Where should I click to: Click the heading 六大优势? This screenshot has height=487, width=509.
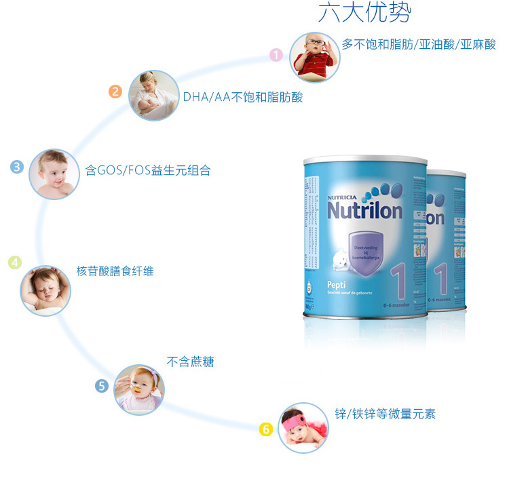click(x=364, y=14)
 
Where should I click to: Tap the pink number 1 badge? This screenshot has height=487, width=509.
click(x=276, y=55)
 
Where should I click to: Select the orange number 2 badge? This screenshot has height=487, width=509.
click(x=115, y=92)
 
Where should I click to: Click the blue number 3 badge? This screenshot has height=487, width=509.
click(x=18, y=167)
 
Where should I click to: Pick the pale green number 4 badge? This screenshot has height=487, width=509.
click(x=15, y=262)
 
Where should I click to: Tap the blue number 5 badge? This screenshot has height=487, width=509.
click(x=102, y=386)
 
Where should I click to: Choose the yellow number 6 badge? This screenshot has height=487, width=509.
click(x=266, y=429)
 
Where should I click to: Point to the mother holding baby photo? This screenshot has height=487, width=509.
click(x=154, y=95)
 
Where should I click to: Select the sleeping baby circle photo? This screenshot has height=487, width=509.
click(x=46, y=290)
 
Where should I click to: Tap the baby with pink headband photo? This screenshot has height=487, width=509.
click(x=303, y=427)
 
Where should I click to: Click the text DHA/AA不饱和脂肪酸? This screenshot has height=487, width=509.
click(x=243, y=97)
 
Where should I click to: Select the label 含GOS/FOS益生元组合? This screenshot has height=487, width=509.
click(x=148, y=170)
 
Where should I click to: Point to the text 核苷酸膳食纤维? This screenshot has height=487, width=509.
click(x=115, y=271)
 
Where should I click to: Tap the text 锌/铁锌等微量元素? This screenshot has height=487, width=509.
click(x=385, y=414)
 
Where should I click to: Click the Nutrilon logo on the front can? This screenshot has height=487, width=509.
click(x=364, y=210)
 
